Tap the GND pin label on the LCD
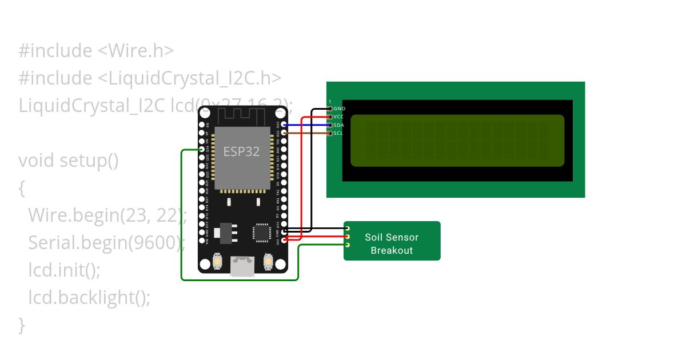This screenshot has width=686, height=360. point(339,109)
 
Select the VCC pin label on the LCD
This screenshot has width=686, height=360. point(338,117)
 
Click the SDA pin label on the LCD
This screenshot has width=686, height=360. point(338,125)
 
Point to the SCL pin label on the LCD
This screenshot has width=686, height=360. point(338,133)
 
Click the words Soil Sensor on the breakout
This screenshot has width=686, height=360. point(392,237)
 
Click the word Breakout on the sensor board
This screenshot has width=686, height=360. point(392,250)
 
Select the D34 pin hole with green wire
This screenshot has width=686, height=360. point(202,150)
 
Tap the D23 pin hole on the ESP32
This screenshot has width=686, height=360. point(284,125)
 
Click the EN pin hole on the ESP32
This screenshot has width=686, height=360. point(202,125)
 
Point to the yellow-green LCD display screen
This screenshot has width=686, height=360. point(457,141)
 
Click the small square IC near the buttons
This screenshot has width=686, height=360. point(262,232)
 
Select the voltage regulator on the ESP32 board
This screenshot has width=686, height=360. point(223,232)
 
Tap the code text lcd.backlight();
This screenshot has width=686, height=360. point(89,298)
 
